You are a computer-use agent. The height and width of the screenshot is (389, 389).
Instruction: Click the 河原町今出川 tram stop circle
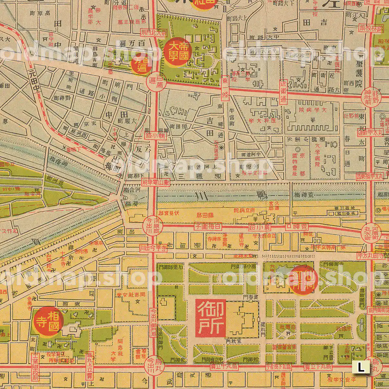click(152, 225)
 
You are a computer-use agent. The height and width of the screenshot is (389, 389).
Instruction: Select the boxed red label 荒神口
click(297, 226)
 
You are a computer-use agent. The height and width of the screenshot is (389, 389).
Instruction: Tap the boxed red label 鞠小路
click(155, 136)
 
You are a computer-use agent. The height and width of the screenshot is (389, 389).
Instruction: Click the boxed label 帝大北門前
click(153, 32)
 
